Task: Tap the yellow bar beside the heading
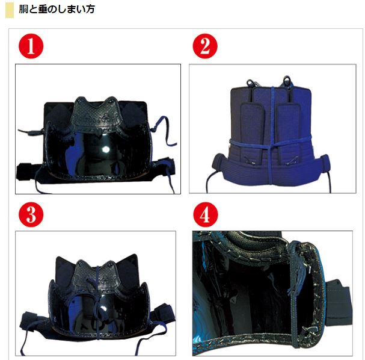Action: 9,10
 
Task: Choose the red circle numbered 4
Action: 204,214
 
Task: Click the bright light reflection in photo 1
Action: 106,150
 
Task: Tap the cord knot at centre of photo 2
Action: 271,143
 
